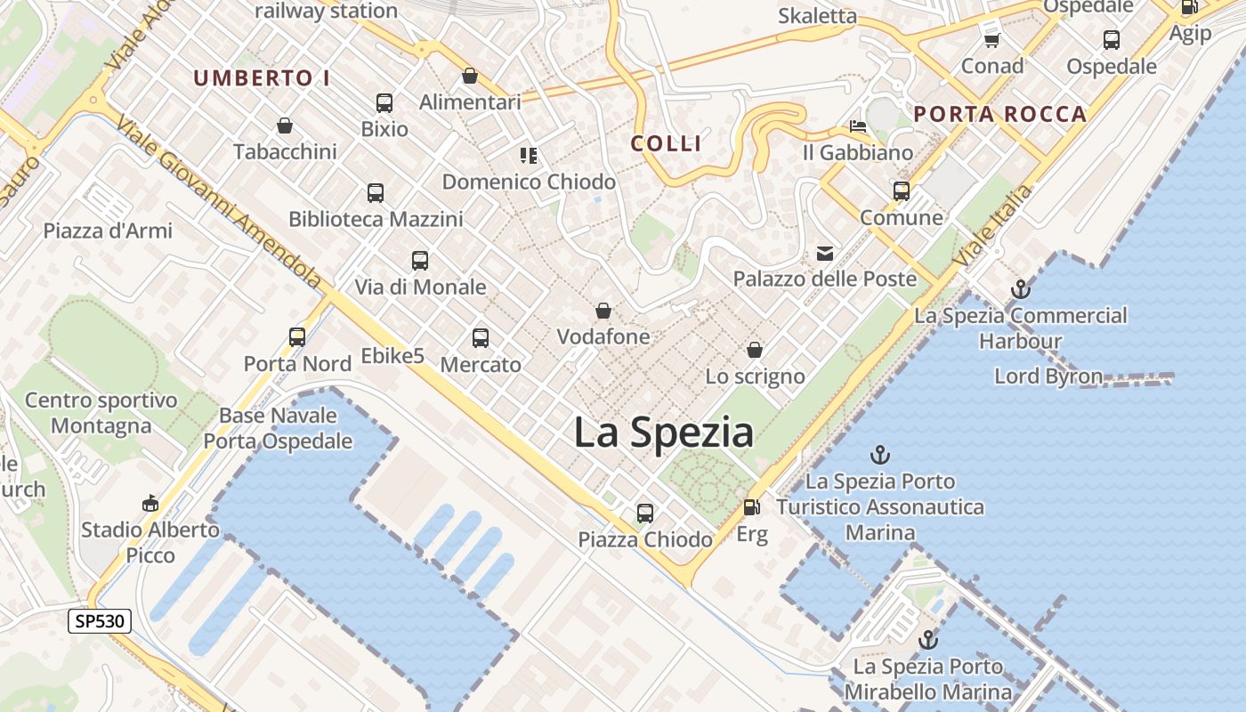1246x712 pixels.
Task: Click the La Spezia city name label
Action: click(663, 433)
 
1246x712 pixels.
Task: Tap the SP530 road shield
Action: click(100, 621)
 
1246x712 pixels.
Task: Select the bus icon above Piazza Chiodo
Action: click(645, 514)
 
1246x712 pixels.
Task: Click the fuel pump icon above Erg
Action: click(752, 507)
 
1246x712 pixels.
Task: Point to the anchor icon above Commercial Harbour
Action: click(1021, 289)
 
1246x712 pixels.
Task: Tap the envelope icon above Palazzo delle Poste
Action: click(825, 254)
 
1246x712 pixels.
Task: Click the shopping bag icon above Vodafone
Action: click(603, 311)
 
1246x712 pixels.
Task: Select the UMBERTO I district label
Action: click(262, 78)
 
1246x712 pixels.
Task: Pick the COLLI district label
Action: click(667, 143)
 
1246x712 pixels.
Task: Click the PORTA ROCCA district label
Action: click(1000, 114)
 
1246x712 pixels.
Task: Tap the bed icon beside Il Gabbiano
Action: click(858, 126)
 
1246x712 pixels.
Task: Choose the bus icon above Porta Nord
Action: click(297, 337)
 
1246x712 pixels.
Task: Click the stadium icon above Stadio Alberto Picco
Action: click(150, 504)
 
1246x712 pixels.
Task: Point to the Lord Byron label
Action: click(1048, 376)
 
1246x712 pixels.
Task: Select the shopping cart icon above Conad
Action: click(992, 40)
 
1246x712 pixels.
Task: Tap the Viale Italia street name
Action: click(993, 225)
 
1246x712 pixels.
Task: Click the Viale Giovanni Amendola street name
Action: click(218, 205)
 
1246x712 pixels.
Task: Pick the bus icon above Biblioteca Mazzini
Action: click(376, 193)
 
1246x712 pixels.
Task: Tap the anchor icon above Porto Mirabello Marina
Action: click(928, 640)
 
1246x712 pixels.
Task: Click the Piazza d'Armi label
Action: click(108, 231)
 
